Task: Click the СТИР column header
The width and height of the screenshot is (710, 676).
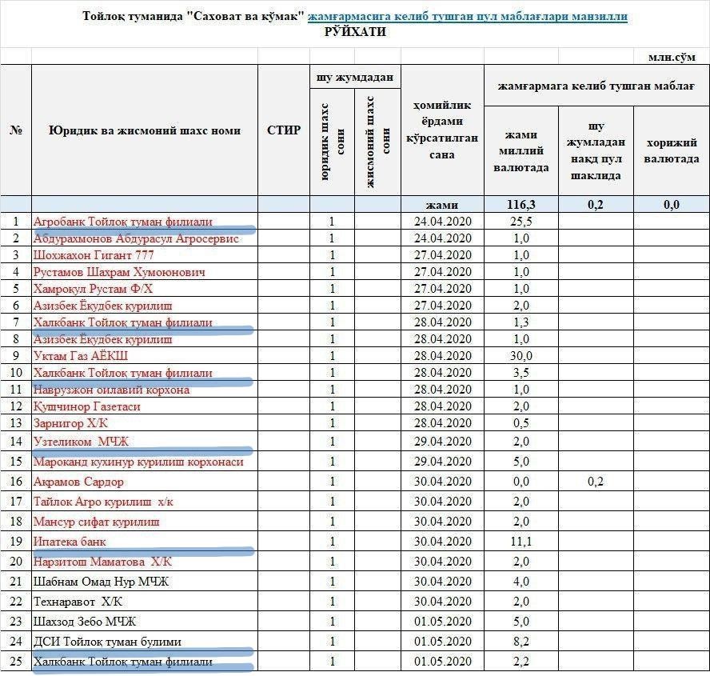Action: [284, 130]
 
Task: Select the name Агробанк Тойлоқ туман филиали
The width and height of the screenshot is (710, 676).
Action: [123, 222]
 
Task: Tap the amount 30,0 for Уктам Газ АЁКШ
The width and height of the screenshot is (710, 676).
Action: [521, 356]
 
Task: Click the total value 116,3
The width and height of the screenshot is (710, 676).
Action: [521, 205]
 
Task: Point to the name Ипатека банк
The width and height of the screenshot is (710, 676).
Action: [70, 542]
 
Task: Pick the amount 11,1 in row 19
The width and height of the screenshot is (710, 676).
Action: [521, 542]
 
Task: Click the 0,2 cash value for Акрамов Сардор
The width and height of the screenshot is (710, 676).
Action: [596, 482]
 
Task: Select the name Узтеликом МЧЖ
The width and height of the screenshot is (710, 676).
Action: [81, 442]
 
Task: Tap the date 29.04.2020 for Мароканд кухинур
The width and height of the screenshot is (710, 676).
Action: [443, 462]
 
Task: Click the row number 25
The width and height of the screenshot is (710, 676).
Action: [16, 662]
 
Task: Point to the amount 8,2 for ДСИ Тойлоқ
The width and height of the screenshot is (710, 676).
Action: [521, 642]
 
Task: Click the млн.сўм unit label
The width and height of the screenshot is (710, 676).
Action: [672, 57]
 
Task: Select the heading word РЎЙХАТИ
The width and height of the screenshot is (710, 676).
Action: [355, 32]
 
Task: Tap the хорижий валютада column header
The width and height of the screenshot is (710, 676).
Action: [672, 150]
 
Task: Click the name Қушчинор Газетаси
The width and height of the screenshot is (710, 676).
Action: [87, 406]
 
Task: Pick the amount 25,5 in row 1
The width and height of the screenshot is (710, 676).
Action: [521, 222]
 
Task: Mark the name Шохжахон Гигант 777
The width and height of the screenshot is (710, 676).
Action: [94, 255]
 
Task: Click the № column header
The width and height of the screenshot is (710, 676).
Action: [16, 130]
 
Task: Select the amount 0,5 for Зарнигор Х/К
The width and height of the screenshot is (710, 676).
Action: [521, 423]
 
